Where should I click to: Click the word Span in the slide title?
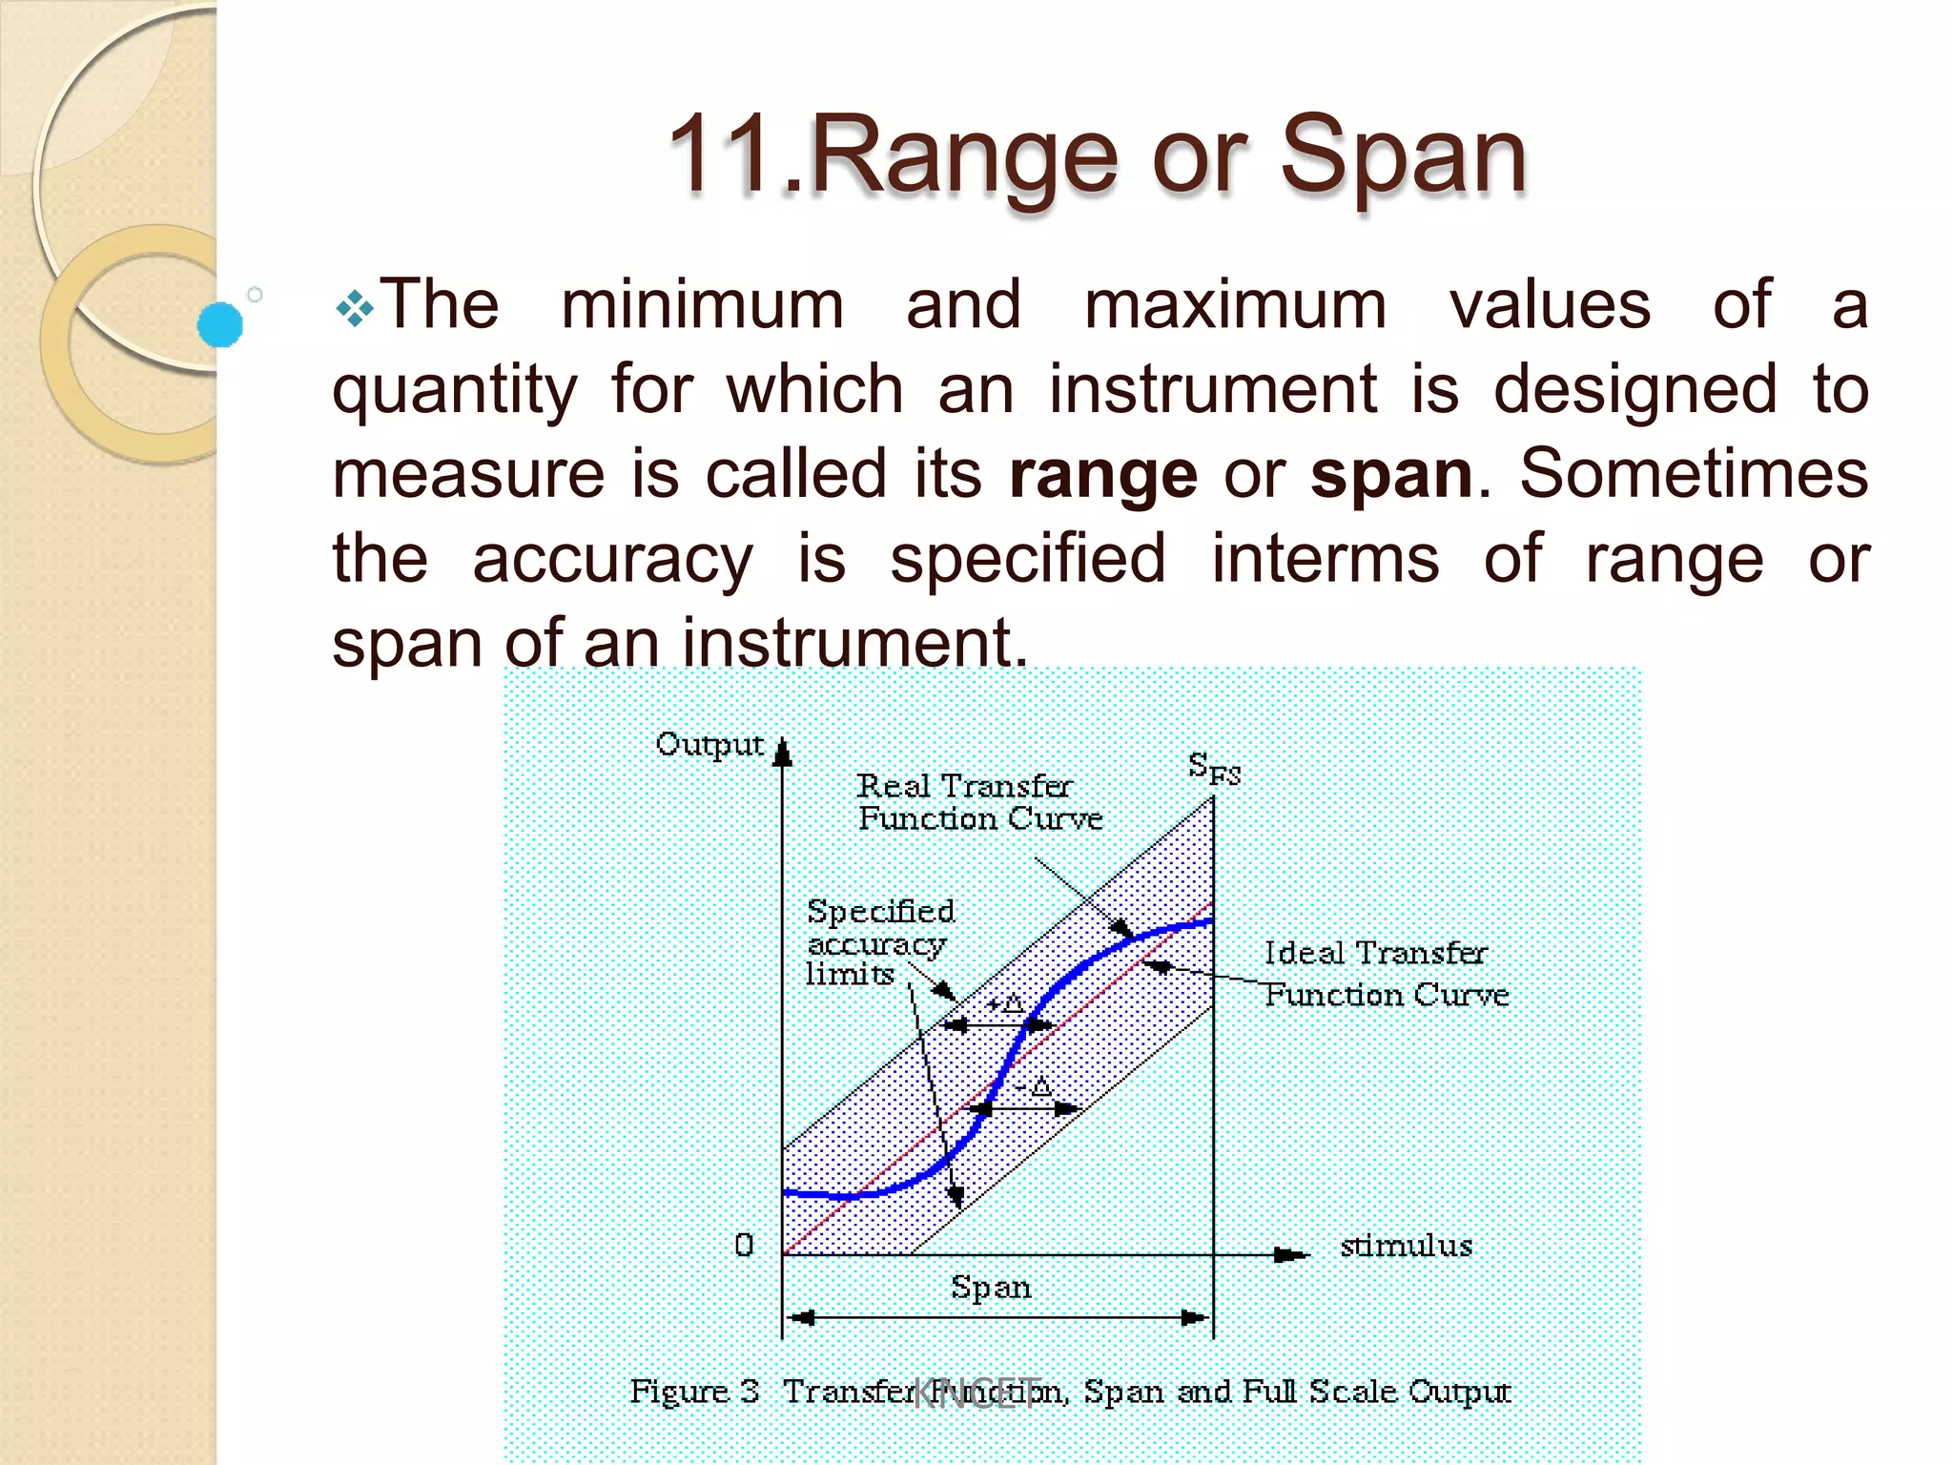pos(1402,155)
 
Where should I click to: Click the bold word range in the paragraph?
pos(1102,474)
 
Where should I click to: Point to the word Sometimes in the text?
pos(1694,473)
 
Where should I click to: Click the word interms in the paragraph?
pos(1325,558)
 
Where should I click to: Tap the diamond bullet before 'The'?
pos(354,308)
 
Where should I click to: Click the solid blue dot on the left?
pos(220,324)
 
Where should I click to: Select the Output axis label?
pos(709,745)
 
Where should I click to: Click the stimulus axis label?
pos(1406,1246)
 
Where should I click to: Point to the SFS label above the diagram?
pos(1214,768)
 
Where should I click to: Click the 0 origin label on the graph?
pos(744,1245)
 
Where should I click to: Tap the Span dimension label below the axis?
pos(991,1288)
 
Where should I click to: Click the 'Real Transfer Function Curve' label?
pos(978,802)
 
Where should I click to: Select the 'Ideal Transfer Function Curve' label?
pos(1386,974)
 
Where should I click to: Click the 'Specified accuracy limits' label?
pos(878,942)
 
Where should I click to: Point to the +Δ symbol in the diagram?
pos(1005,1003)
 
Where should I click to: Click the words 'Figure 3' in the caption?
pos(694,1392)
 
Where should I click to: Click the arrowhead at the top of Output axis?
pos(783,754)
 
